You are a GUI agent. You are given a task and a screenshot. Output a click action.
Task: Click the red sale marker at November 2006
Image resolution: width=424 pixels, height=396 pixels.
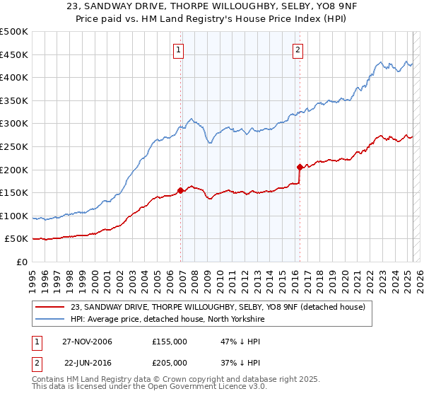pyautogui.click(x=181, y=190)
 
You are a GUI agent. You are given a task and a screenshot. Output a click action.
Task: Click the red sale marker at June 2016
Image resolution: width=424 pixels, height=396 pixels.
pyautogui.click(x=300, y=167)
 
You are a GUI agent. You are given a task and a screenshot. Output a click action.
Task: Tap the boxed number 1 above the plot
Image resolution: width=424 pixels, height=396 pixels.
pyautogui.click(x=179, y=49)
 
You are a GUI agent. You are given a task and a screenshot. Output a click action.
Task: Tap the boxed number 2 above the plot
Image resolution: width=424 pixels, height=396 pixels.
pyautogui.click(x=298, y=49)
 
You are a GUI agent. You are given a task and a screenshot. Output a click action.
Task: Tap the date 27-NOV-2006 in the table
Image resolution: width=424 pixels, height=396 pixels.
pyautogui.click(x=88, y=342)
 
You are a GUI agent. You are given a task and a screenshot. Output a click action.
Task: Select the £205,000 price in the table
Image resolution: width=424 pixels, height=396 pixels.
pyautogui.click(x=169, y=361)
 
